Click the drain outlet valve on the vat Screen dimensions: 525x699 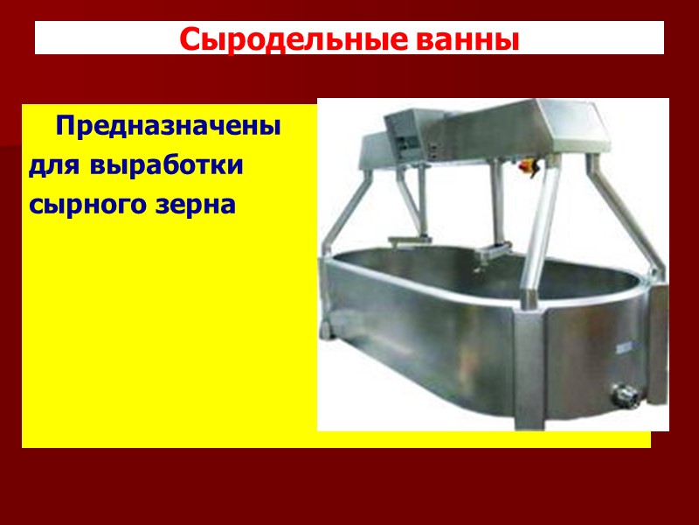click(623, 395)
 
